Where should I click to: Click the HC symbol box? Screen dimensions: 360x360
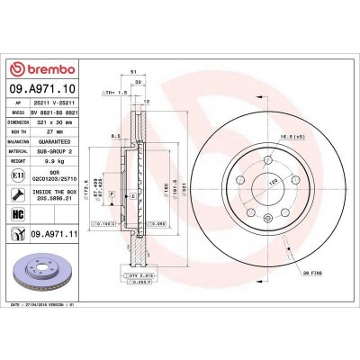(19, 214)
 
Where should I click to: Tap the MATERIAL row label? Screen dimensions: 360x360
(19, 154)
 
